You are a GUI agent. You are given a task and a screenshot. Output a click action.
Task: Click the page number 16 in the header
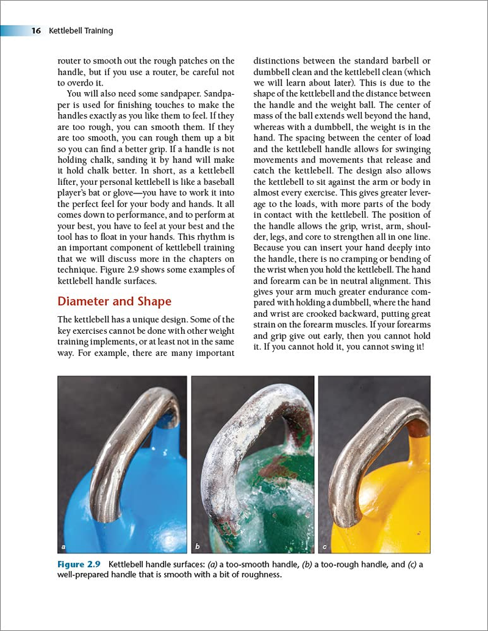37,31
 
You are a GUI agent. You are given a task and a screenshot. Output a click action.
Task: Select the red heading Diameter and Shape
114,301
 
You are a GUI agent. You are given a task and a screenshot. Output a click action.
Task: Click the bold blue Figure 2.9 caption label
79,564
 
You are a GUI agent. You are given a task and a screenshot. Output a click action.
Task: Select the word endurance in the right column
383,292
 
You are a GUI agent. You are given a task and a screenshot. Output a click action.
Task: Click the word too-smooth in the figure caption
262,564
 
